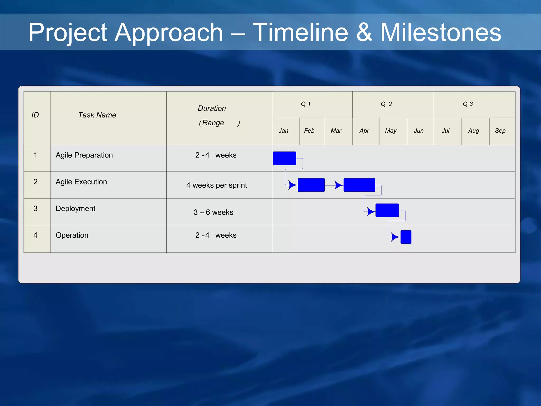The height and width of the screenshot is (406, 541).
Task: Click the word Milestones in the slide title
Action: click(440, 32)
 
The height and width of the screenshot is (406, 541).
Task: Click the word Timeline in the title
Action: click(300, 32)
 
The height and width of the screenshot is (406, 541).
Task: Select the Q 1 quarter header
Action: click(306, 104)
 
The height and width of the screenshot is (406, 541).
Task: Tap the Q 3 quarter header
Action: click(468, 104)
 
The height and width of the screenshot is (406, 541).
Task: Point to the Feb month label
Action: click(309, 131)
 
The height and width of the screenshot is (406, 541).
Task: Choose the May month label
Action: click(391, 131)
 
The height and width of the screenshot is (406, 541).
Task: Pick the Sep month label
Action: click(500, 131)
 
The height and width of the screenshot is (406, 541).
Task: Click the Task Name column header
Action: click(97, 115)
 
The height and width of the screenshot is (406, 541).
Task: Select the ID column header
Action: click(35, 115)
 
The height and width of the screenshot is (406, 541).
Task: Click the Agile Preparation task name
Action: click(84, 155)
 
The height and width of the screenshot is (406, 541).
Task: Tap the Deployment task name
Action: click(75, 209)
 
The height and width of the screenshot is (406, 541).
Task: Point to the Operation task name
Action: click(72, 235)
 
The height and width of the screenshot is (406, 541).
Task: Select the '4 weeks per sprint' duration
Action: click(217, 185)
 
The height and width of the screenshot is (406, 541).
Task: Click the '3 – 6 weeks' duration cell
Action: click(213, 212)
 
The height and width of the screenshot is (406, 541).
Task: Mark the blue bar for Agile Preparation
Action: click(284, 158)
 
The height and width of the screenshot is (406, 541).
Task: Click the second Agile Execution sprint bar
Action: click(359, 185)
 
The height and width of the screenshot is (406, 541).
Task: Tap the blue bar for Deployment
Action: click(387, 210)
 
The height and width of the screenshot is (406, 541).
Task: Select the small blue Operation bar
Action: click(406, 237)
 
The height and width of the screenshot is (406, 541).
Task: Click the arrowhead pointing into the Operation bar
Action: click(395, 237)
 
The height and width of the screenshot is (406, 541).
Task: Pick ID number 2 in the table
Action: click(35, 182)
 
